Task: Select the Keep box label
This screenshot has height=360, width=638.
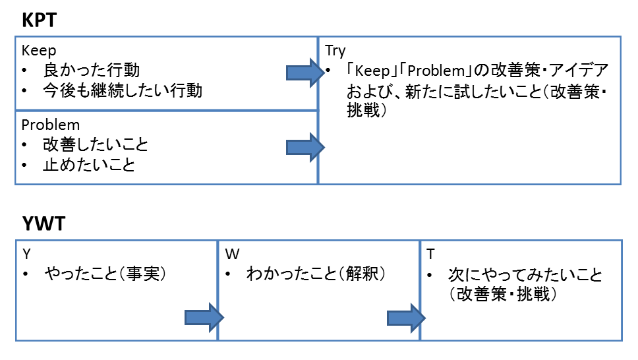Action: (39, 51)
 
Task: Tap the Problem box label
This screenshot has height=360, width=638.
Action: (50, 125)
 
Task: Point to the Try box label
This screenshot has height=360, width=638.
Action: (335, 51)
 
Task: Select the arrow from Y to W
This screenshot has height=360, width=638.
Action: (204, 318)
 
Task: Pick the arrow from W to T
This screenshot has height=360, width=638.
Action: (405, 318)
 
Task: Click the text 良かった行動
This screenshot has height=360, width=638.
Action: (92, 70)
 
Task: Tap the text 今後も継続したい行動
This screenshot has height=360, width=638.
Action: (123, 90)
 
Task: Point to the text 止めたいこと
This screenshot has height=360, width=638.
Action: (89, 164)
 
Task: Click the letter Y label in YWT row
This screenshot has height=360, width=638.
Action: (26, 254)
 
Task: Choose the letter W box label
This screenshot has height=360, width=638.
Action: (231, 254)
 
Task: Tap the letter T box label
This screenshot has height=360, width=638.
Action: (430, 254)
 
